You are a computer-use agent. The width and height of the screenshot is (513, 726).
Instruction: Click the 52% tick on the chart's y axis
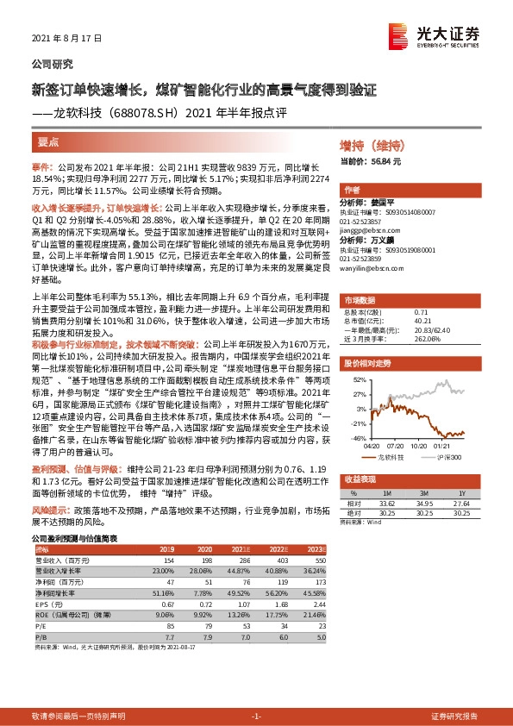pos(359,379)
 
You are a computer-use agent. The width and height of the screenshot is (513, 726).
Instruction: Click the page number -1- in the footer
pos(255,716)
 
